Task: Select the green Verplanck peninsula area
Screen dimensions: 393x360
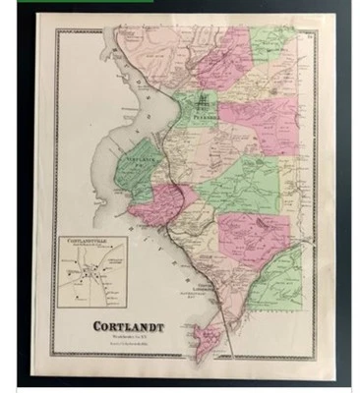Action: [138, 172]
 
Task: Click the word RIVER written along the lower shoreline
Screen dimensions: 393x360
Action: [172, 257]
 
